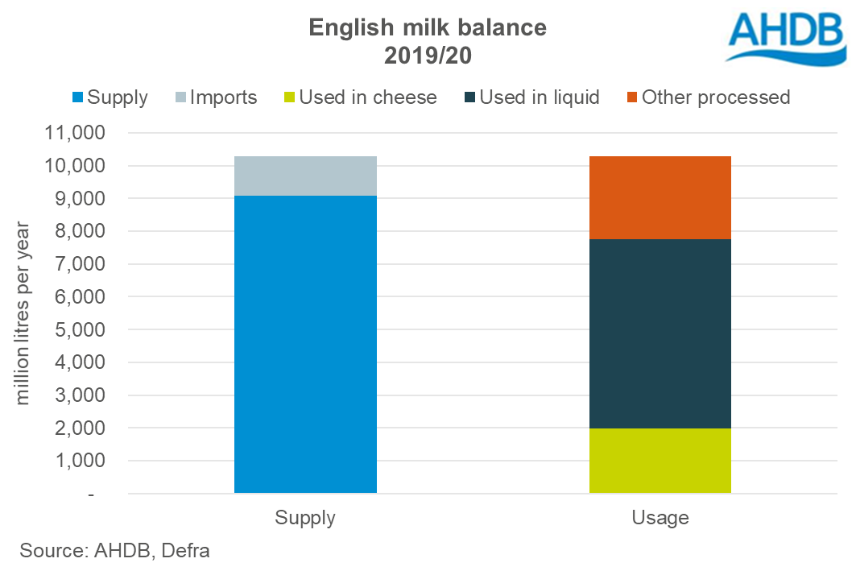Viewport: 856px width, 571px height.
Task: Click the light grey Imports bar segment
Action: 305,176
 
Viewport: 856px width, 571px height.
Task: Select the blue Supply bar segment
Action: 305,344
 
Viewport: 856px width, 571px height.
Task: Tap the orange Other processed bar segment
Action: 660,197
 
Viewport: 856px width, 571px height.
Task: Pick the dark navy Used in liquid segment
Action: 660,333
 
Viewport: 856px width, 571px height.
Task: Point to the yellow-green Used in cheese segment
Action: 660,460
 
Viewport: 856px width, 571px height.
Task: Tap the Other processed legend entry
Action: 706,97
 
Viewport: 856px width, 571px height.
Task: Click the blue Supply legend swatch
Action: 77,97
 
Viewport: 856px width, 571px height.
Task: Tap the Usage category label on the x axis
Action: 660,517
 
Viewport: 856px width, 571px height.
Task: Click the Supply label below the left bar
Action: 305,517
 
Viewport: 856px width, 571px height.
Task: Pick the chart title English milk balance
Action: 428,27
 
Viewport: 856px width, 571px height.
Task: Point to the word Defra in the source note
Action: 186,551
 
